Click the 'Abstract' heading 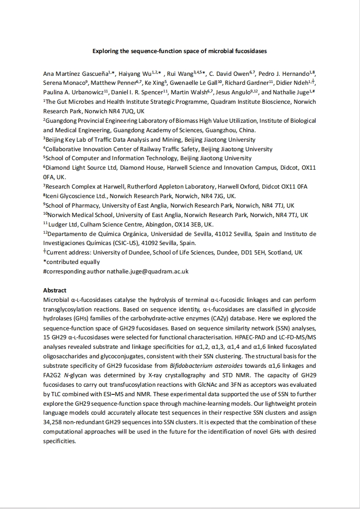coord(55,290)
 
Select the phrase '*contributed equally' coord(72,262)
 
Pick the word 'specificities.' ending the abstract coord(59,441)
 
